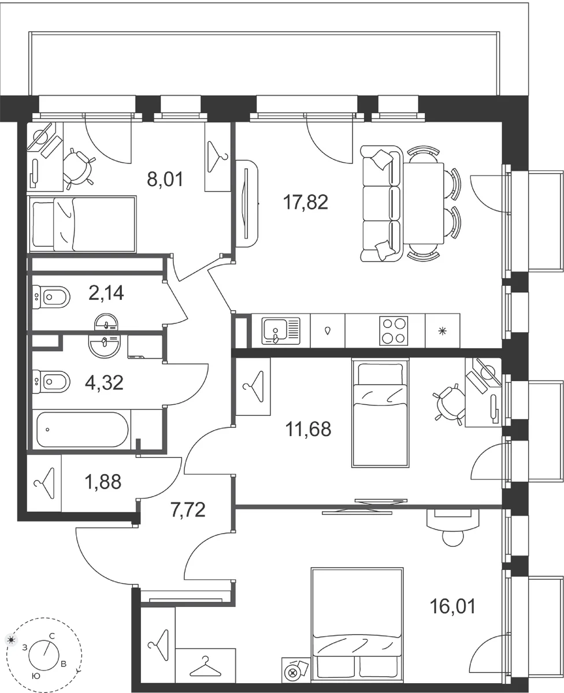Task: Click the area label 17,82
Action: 305,202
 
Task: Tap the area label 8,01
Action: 165,179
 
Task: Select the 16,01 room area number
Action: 452,606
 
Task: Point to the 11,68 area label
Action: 308,429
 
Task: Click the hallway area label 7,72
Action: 188,510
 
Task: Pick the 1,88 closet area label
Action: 103,482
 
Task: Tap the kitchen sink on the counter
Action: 280,331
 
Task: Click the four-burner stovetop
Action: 394,331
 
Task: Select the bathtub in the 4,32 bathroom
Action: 83,430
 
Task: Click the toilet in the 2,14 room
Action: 51,297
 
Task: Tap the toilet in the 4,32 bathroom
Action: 51,381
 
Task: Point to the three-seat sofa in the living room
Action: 381,203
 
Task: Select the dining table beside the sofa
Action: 424,203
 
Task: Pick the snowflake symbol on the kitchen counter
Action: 442,331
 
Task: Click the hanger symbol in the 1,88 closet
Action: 44,483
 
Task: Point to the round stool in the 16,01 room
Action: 453,539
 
